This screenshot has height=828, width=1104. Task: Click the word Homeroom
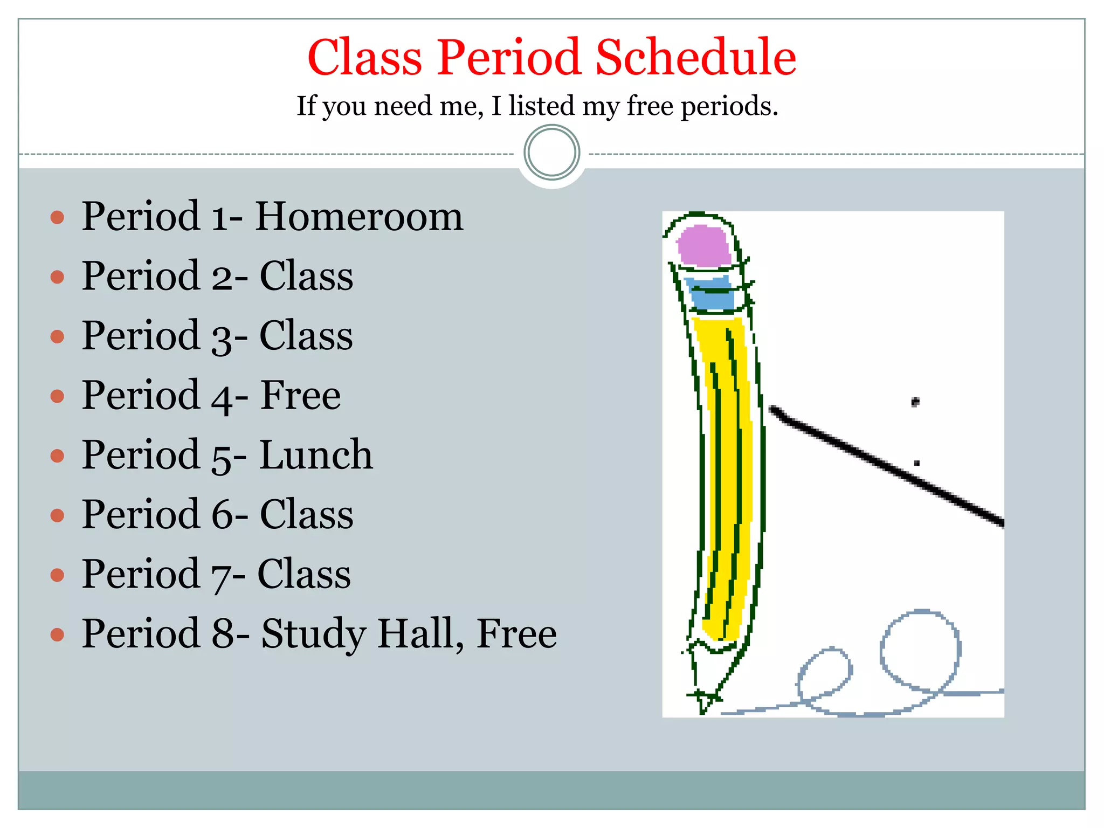pos(359,217)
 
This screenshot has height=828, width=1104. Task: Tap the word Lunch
pos(316,455)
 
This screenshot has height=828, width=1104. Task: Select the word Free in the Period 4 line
pos(301,396)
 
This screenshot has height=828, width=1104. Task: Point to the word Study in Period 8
pos(314,634)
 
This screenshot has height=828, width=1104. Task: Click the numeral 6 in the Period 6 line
pos(222,515)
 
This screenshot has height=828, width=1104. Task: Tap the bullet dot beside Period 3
pos(57,337)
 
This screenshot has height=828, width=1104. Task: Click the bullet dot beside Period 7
pos(57,575)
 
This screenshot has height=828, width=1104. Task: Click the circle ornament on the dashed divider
pos(551,153)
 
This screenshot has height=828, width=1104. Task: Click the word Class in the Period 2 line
pos(306,277)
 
